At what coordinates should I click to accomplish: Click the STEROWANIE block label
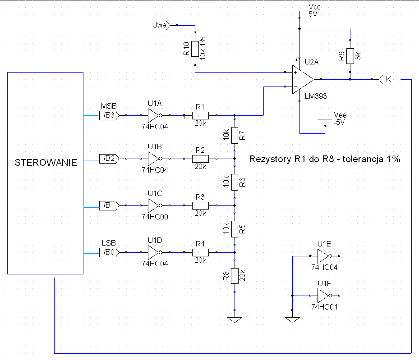pyautogui.click(x=46, y=163)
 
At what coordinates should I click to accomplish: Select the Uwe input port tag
pyautogui.click(x=160, y=25)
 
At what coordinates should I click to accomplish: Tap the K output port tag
pyautogui.click(x=389, y=79)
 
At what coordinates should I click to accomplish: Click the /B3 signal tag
pyautogui.click(x=109, y=115)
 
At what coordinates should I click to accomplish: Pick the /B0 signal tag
pyautogui.click(x=109, y=252)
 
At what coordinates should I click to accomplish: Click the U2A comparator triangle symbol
pyautogui.click(x=303, y=80)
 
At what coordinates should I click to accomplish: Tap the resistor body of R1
pyautogui.click(x=200, y=115)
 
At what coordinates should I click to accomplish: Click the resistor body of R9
pyautogui.click(x=350, y=56)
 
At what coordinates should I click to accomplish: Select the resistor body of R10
pyautogui.click(x=195, y=49)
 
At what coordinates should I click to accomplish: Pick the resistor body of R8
pyautogui.click(x=235, y=276)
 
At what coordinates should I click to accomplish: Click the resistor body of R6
pyautogui.click(x=235, y=182)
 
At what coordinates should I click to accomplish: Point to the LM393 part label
pyautogui.click(x=316, y=96)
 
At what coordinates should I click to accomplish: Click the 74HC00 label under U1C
pyautogui.click(x=155, y=217)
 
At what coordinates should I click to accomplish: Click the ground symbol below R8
pyautogui.click(x=235, y=320)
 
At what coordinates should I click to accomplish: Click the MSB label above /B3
pyautogui.click(x=109, y=106)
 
